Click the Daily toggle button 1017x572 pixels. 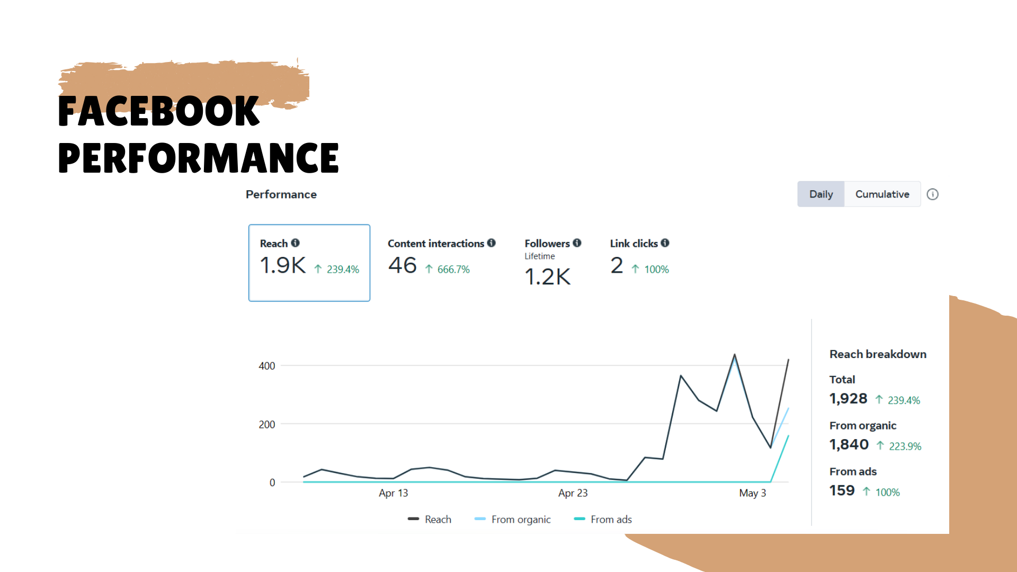(820, 194)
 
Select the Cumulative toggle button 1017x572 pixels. (882, 194)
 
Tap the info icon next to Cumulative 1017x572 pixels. (932, 194)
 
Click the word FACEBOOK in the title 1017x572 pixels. (158, 111)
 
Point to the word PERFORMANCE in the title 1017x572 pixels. (198, 158)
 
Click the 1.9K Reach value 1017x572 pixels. (283, 265)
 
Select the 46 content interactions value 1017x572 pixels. (403, 265)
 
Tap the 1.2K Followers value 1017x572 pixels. (547, 277)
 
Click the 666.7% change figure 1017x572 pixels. (453, 270)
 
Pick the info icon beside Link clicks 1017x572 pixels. (665, 243)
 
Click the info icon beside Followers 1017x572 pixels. (577, 243)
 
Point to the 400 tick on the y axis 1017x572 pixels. (267, 366)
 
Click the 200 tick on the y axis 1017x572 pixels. (267, 424)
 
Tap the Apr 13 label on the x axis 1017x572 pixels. (393, 493)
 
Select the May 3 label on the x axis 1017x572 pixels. (752, 493)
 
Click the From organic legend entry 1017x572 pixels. (521, 520)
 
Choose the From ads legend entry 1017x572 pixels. (611, 520)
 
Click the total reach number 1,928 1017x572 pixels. (848, 399)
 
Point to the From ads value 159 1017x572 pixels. (842, 490)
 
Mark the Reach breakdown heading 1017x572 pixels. (878, 354)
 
